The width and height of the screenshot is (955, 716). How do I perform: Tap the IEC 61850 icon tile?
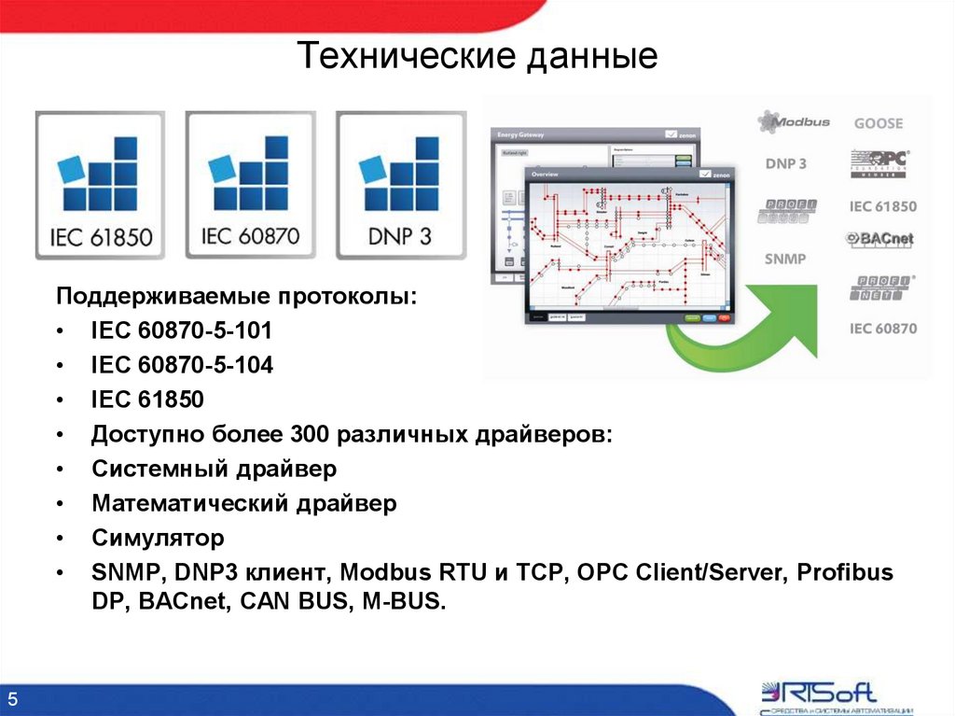point(100,185)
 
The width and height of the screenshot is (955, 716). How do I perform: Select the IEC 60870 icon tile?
point(250,185)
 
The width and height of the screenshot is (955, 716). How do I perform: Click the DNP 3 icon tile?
point(400,185)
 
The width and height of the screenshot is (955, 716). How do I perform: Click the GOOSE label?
point(879,123)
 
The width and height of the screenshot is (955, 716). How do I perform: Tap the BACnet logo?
point(880,239)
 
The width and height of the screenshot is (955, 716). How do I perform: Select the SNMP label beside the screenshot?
point(785,259)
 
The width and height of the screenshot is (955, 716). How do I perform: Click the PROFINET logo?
point(882,288)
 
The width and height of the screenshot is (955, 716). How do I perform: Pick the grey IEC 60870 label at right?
point(882,329)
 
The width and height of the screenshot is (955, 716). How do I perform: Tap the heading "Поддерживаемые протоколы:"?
point(237,296)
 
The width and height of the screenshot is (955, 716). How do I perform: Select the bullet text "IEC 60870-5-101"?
point(182,331)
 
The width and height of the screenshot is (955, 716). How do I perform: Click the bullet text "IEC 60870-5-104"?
point(182,366)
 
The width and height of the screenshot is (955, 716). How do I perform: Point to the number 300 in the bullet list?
point(311,435)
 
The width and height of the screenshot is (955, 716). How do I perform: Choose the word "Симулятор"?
point(158,538)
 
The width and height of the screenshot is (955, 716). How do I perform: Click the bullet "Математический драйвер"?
point(244,503)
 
